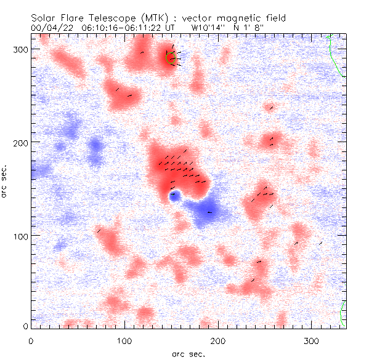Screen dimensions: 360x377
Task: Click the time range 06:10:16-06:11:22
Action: [128, 28]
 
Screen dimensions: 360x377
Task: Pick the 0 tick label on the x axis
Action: [31, 340]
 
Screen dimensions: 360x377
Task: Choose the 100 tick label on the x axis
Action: [124, 340]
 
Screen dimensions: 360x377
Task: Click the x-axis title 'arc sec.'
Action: [188, 354]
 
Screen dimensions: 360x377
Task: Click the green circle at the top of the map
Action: [171, 57]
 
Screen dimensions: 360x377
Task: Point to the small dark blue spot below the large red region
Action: [174, 195]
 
